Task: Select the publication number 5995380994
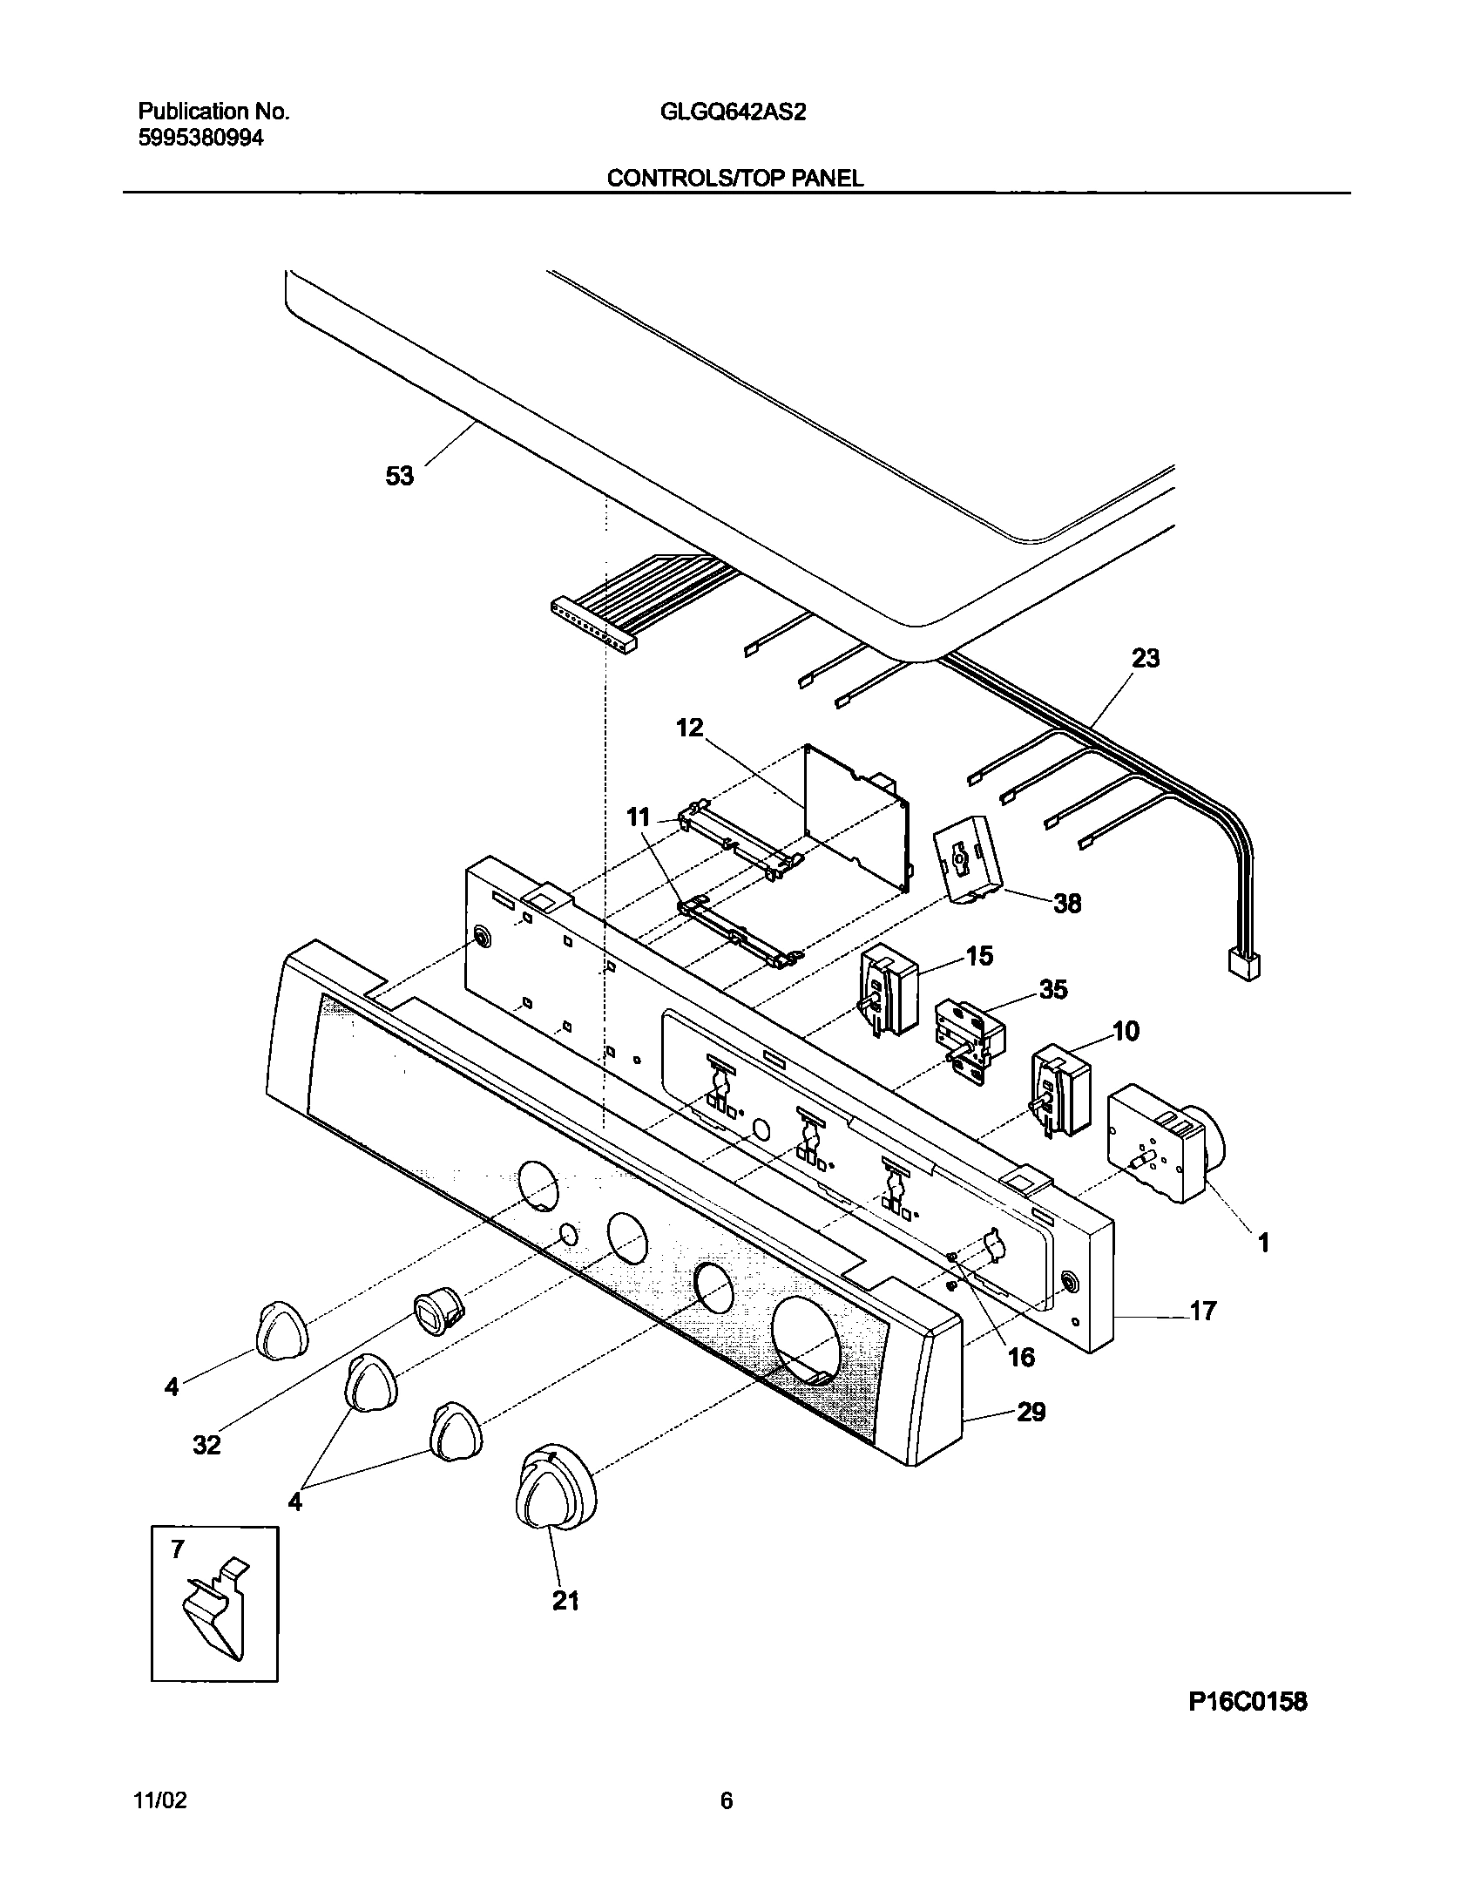(200, 138)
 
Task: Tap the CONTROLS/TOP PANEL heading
(734, 179)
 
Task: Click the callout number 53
(400, 477)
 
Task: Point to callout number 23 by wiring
(1145, 659)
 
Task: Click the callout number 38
(1067, 904)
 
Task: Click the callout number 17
(1202, 1335)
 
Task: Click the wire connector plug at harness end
(1243, 965)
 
